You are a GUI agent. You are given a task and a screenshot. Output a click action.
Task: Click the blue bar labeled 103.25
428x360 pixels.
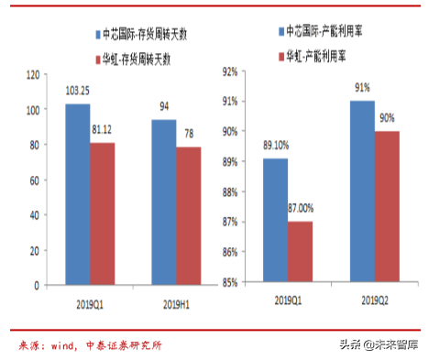coord(77,194)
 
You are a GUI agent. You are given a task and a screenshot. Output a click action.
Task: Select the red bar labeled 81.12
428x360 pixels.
coord(102,213)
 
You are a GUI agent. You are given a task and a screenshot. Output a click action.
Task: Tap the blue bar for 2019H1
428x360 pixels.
coord(164,202)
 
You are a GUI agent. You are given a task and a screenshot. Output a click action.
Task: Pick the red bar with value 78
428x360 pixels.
coord(189,216)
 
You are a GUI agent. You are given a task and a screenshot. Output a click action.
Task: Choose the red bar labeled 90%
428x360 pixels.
coord(388,205)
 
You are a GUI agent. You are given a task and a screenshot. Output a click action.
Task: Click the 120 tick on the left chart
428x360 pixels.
coord(35,74)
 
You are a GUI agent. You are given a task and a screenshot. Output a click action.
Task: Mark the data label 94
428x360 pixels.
coord(165,106)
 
